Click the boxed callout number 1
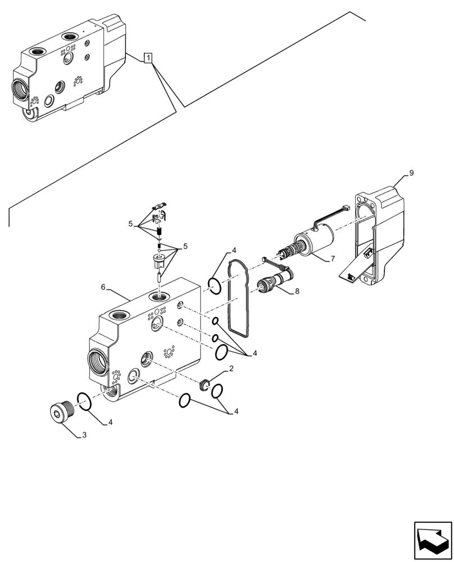[x=148, y=57]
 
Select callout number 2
[x=230, y=369]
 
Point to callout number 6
[x=103, y=287]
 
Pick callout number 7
[x=333, y=259]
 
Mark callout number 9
[x=411, y=174]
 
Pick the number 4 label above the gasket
[x=233, y=251]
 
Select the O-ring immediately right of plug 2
[x=218, y=391]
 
